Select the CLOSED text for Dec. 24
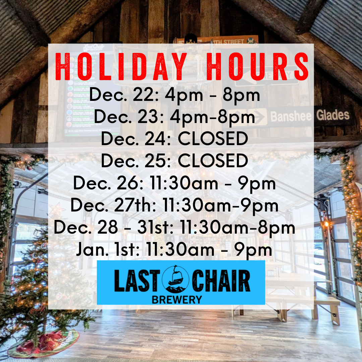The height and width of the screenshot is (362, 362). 213,139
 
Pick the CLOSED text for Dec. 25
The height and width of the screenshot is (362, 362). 213,161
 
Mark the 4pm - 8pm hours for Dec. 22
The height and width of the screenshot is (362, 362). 211,95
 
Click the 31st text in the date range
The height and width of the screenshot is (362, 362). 155,228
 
